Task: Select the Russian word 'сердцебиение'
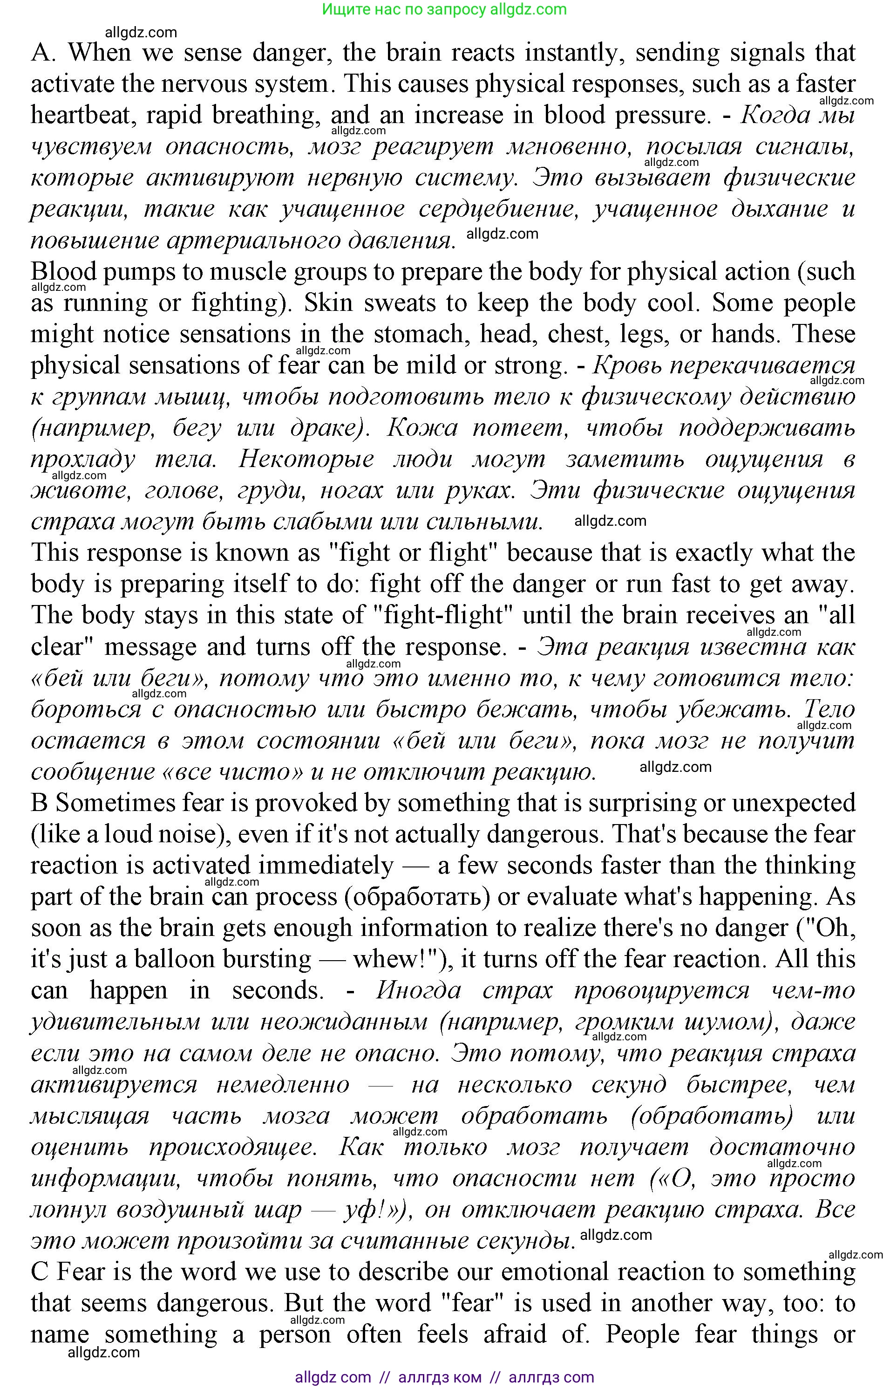pos(498,209)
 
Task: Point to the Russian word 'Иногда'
pos(418,990)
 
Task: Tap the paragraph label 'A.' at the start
pos(43,53)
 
